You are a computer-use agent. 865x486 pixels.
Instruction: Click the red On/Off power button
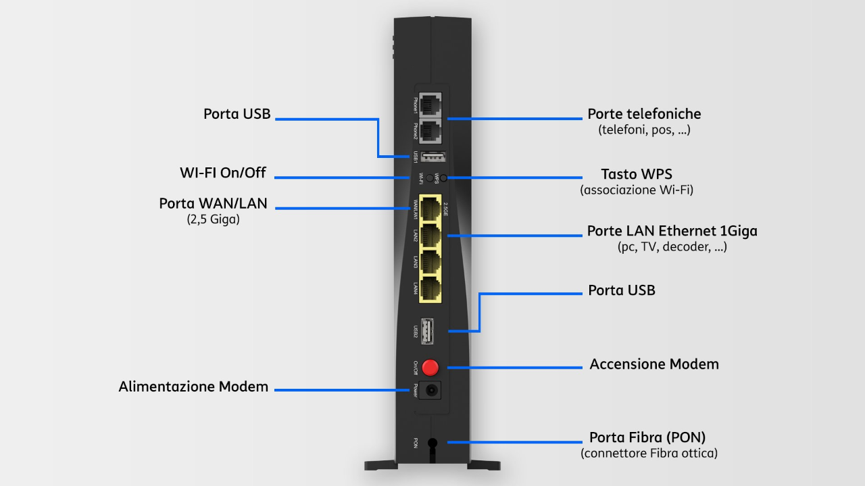(430, 368)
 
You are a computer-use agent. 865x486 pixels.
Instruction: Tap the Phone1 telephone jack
(430, 105)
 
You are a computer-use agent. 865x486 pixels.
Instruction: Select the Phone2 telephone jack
(430, 131)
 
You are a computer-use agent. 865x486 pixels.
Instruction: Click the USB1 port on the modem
(433, 157)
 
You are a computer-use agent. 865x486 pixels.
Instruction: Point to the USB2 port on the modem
(426, 331)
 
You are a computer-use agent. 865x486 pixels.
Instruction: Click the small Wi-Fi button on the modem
(429, 178)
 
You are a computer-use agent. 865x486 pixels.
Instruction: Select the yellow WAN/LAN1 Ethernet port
(430, 208)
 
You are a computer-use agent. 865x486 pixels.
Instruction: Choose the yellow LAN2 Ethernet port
(430, 235)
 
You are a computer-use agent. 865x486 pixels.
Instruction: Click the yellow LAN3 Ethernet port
(430, 262)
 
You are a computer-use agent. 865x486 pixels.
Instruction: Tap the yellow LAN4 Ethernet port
(430, 290)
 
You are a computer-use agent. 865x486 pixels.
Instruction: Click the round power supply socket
(431, 391)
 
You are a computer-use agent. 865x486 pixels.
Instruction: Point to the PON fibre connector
(432, 443)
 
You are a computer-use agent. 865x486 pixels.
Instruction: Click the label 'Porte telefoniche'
(644, 114)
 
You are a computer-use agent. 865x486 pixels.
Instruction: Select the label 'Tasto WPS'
(637, 174)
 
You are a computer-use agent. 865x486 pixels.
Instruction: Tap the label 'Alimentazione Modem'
(193, 387)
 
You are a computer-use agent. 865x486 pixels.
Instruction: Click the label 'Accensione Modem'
(654, 364)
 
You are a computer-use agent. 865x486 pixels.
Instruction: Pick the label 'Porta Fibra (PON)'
(647, 437)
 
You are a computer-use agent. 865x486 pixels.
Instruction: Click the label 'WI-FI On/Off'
(223, 173)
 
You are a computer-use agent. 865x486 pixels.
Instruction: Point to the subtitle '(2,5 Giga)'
(213, 219)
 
